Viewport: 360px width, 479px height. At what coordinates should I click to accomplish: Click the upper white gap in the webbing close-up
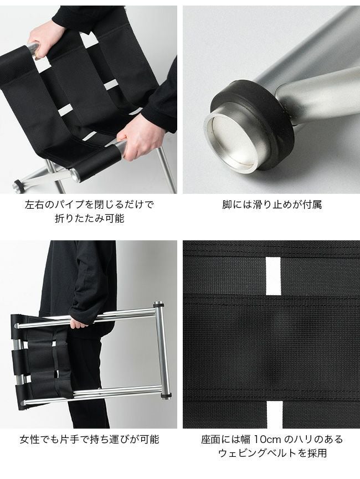click(x=273, y=276)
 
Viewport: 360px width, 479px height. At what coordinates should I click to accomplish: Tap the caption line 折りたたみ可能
click(x=90, y=218)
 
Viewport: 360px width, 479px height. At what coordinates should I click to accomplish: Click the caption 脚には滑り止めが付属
click(x=272, y=204)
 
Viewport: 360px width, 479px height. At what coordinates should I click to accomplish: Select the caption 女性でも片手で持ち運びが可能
click(x=90, y=439)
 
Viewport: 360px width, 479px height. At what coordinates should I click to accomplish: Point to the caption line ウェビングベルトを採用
click(x=272, y=453)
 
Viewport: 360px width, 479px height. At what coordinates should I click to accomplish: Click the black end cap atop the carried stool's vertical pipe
click(x=158, y=305)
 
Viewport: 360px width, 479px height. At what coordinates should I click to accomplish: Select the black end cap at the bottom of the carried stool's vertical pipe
click(x=166, y=397)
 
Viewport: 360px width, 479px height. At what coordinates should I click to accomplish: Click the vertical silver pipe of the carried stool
click(x=162, y=351)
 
